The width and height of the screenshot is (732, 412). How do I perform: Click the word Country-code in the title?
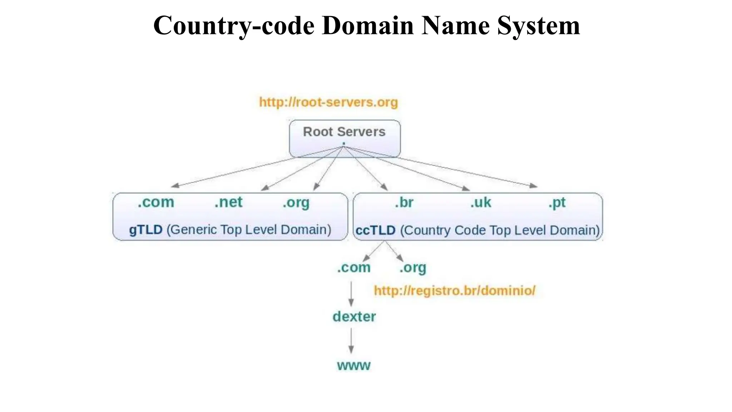coord(234,26)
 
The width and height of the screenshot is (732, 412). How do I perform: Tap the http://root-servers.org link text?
coord(328,102)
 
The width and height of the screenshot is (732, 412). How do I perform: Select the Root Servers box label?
coord(344,132)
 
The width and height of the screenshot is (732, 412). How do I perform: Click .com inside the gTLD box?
coord(156,202)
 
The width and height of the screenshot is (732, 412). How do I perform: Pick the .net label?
coord(228,202)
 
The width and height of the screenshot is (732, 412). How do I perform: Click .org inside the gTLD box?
coord(296,203)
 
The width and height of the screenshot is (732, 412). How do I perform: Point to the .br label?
coord(404,203)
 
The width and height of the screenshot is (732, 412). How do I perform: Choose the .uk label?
coord(481,203)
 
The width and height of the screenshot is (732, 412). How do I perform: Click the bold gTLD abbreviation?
coord(146,230)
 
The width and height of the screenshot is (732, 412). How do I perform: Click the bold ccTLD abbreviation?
coord(375,230)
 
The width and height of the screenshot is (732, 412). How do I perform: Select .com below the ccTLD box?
coord(353,268)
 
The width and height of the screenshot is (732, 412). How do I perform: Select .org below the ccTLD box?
coord(413,268)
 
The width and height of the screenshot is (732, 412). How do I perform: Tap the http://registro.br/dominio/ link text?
coord(455,290)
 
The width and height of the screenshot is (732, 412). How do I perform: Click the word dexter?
coord(354,317)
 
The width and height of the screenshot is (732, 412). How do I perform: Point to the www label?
coord(353,366)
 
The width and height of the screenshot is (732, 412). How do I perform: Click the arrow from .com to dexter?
coord(351,293)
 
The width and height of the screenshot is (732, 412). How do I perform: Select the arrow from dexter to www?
coord(351,341)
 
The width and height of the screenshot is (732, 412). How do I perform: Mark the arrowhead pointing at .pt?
coord(534,186)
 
